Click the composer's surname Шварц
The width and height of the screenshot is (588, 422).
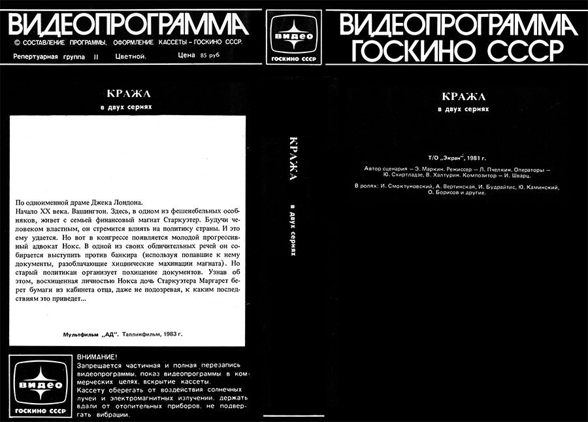point(519,175)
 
